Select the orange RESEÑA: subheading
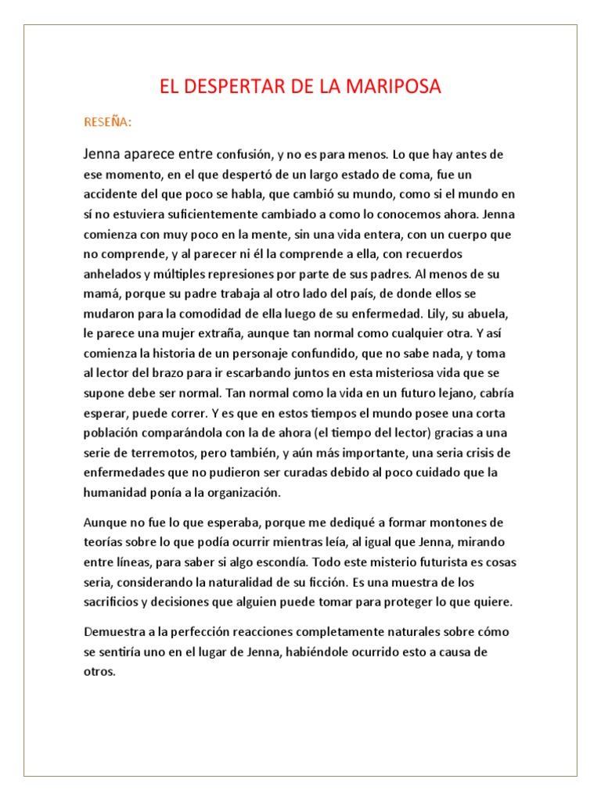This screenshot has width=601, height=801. (108, 122)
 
